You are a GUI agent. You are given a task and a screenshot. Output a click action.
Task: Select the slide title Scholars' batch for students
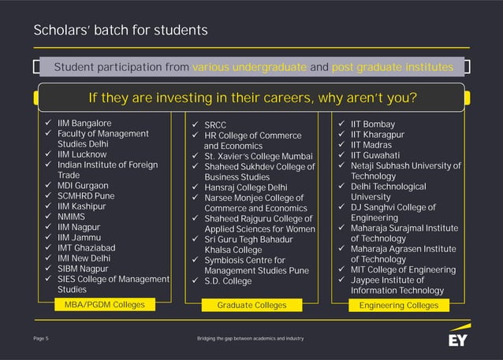[x=121, y=31]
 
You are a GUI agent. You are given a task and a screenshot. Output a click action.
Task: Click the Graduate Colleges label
[x=251, y=304]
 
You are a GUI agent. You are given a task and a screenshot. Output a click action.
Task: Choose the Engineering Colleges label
[x=398, y=304]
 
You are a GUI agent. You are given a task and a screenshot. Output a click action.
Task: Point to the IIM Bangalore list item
[x=84, y=124]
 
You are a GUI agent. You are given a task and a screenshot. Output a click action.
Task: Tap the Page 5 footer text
[x=41, y=338]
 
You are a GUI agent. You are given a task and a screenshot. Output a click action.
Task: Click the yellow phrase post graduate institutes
[x=393, y=67]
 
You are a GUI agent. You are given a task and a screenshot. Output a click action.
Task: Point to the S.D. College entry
[x=228, y=280]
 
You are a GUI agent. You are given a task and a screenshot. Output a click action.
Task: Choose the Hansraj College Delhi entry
[x=246, y=187]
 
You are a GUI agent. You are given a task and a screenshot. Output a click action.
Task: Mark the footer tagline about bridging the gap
[x=250, y=338]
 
